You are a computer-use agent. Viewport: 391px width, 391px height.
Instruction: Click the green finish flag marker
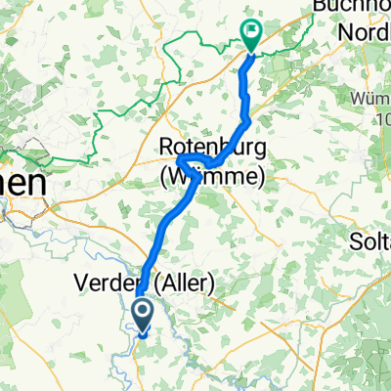251,37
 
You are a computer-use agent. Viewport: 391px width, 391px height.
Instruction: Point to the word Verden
103,284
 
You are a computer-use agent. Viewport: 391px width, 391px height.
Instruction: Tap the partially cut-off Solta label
369,240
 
